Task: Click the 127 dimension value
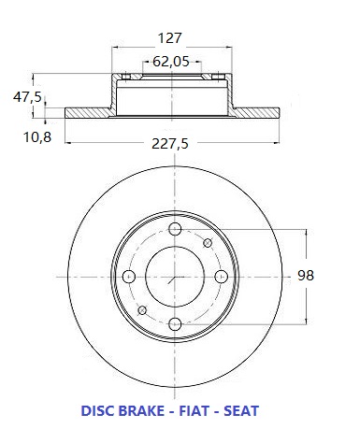(x=168, y=39)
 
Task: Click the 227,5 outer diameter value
(x=173, y=144)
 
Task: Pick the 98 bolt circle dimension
(x=305, y=275)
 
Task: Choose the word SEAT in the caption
(x=240, y=410)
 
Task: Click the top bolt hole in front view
(x=175, y=230)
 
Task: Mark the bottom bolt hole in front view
(x=175, y=322)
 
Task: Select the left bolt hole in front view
(x=129, y=276)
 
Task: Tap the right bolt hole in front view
(x=221, y=276)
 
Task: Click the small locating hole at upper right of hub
(x=208, y=243)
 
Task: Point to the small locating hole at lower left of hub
(x=142, y=309)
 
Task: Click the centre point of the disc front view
(x=175, y=276)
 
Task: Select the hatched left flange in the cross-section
(x=90, y=113)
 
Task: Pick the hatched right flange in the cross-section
(x=256, y=113)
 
